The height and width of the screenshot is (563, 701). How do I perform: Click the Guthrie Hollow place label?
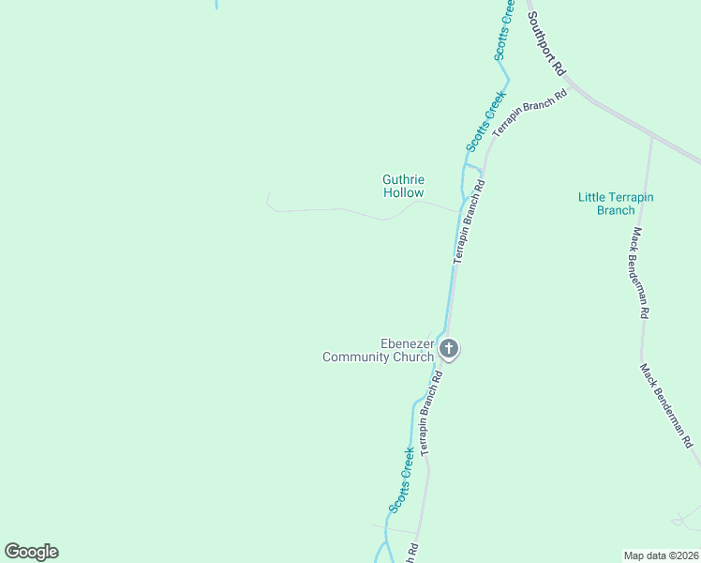pos(404,186)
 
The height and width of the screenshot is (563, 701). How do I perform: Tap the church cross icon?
pos(449,350)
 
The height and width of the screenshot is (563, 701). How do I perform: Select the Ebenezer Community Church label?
pos(379,350)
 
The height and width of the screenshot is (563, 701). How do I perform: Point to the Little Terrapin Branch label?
pos(616,204)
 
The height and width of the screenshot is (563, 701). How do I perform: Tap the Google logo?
pos(31,552)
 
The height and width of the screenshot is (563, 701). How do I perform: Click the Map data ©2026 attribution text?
pos(662,555)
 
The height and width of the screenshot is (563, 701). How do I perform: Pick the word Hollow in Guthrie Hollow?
pos(404,192)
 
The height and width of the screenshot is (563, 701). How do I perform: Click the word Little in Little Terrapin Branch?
pos(591,197)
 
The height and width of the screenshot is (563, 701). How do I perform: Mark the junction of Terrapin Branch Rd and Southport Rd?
pos(571,86)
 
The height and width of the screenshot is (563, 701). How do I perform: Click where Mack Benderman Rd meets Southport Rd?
pos(651,136)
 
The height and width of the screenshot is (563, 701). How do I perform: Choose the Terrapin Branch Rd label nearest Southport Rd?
pos(530,113)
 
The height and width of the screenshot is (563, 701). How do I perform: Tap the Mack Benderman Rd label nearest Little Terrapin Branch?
pos(638,273)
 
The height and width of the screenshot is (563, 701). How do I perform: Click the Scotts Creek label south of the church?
pos(402,480)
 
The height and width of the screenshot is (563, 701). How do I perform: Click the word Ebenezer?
pos(406,343)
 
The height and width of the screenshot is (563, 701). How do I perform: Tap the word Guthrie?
pos(404,179)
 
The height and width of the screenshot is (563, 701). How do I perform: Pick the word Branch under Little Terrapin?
pos(616,210)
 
